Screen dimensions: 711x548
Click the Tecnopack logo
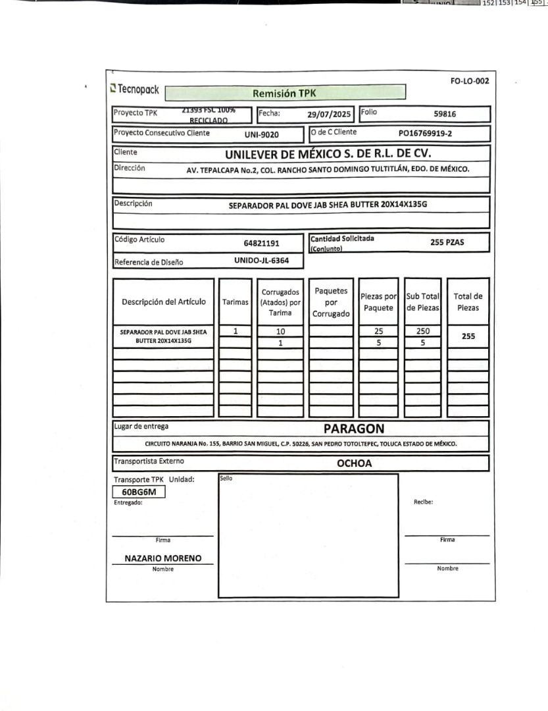pos(135,88)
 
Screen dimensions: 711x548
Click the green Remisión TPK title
pos(284,93)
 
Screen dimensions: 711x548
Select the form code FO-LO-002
pos(470,81)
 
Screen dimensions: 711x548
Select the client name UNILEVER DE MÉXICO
pos(327,155)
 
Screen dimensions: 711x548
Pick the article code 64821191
pos(261,243)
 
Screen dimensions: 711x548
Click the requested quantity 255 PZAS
pos(447,242)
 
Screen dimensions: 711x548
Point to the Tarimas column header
pos(236,302)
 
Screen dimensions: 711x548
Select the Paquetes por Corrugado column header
pos(331,302)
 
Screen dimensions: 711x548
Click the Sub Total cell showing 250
pos(423,331)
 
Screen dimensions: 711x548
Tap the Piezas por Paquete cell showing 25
pos(378,331)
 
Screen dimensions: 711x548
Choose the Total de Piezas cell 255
pos(468,336)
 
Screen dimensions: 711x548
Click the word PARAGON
pos(354,429)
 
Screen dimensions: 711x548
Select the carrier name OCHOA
pos(354,463)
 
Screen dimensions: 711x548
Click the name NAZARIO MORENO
pos(163,558)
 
